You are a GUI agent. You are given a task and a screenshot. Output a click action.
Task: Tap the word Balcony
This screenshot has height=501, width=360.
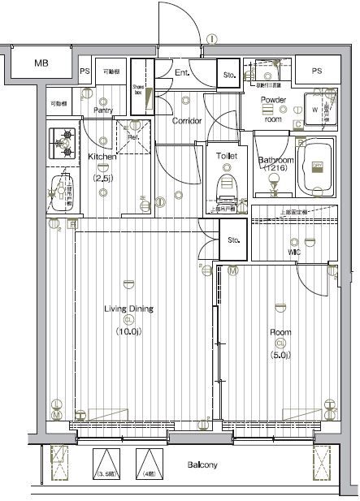[x=202, y=465]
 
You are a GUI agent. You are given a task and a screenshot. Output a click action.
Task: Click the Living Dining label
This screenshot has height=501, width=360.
[x=128, y=309]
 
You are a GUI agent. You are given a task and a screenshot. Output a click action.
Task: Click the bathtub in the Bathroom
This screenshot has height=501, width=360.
[x=317, y=167]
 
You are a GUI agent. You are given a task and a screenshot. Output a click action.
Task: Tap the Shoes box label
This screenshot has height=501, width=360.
[x=138, y=89]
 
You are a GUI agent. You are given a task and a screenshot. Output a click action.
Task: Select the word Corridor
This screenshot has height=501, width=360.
[x=187, y=121]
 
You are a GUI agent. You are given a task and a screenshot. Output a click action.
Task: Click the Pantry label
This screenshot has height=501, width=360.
[x=102, y=110]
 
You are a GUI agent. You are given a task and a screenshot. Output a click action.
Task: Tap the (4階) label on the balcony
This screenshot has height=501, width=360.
[x=148, y=473]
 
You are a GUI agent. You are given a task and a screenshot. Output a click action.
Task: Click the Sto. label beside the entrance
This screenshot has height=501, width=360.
[x=228, y=76]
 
